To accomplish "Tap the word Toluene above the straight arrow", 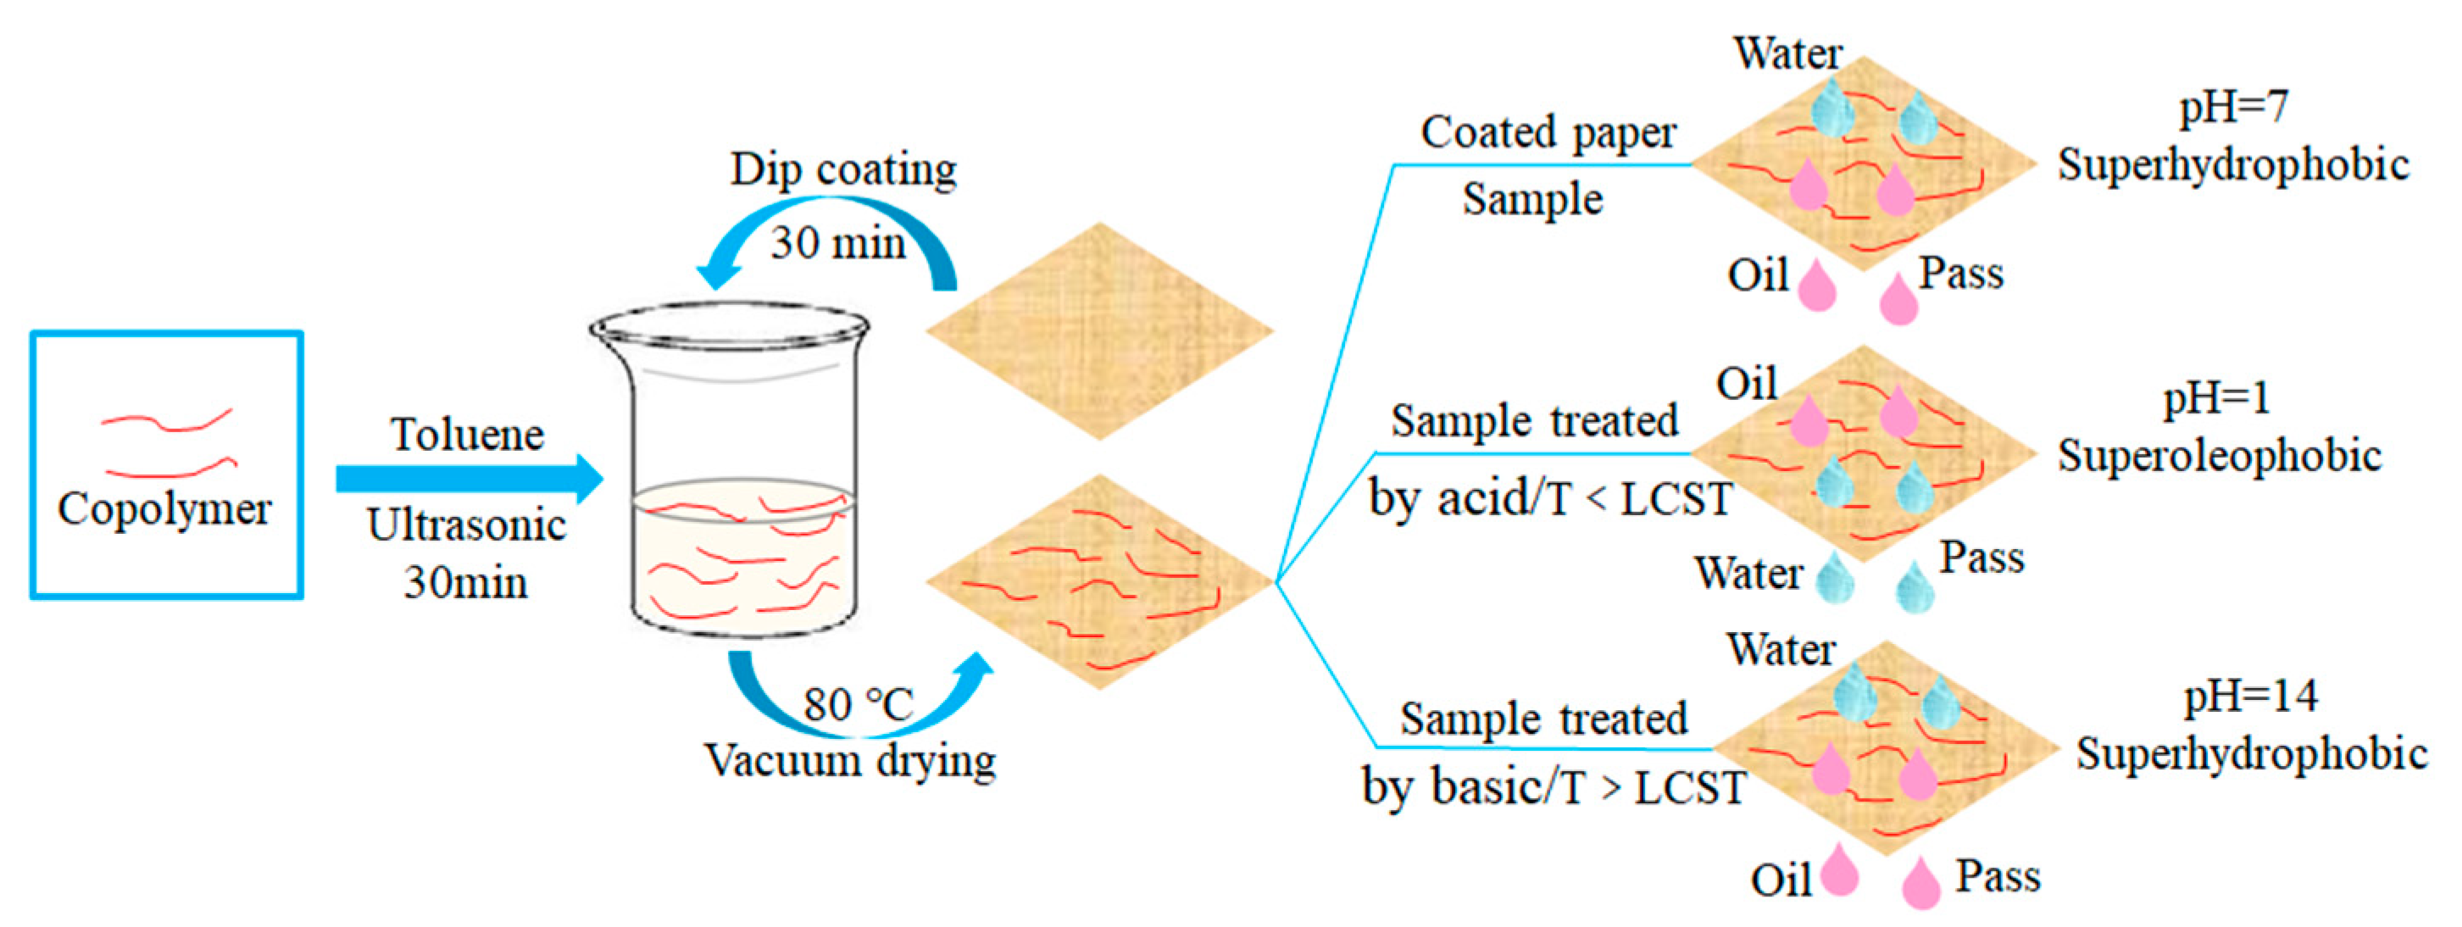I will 467,435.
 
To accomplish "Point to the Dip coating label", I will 843,170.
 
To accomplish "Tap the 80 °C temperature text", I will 858,705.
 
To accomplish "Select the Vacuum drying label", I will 851,762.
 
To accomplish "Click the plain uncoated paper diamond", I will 1099,330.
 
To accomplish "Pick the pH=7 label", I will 2233,106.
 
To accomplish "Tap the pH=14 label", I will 2251,696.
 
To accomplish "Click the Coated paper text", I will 1548,133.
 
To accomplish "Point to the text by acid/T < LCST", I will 1550,499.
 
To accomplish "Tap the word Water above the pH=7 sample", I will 1787,53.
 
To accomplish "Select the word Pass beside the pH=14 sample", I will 1998,876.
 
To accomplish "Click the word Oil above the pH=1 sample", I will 1746,384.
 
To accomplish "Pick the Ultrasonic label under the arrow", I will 466,525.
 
